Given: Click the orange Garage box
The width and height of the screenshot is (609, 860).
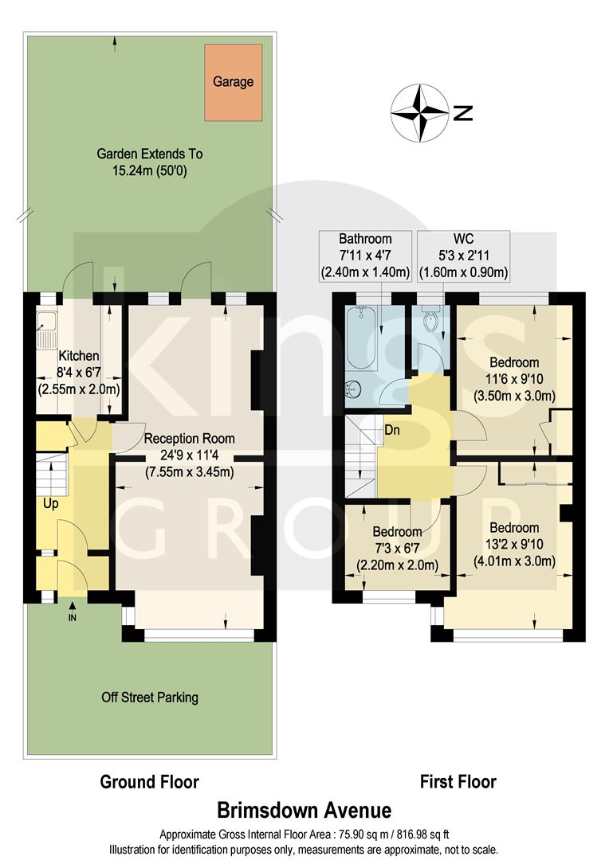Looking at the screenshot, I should coord(233,81).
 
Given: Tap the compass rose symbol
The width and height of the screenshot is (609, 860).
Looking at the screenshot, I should coord(420,113).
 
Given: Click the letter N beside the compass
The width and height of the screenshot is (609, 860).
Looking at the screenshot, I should coord(463,113).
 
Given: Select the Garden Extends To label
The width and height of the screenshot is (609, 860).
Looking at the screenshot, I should coord(150,162).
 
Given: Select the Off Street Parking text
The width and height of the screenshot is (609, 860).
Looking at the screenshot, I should coord(150,698).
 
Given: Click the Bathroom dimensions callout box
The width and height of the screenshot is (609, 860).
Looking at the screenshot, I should coord(365,255).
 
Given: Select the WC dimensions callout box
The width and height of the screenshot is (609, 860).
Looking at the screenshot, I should coord(463,255).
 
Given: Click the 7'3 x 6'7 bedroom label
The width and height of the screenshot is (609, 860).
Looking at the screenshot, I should coord(396,549).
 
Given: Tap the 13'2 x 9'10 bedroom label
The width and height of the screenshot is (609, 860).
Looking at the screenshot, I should coord(513,545).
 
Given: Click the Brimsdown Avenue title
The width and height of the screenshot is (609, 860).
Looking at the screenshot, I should coord(304,810).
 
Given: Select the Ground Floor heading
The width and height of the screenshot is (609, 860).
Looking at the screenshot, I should coord(149,781).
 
